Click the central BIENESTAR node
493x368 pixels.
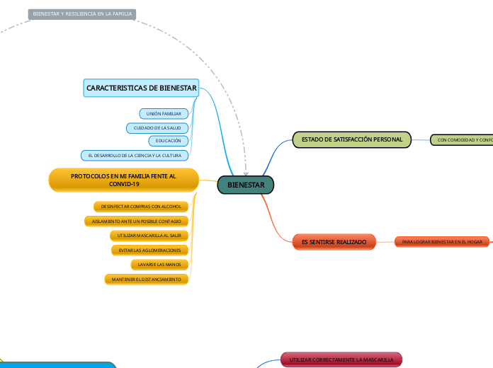pos(245,185)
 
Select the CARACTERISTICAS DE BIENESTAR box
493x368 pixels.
pos(142,88)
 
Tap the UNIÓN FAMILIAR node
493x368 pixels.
pos(164,114)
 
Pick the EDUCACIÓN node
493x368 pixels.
pos(168,141)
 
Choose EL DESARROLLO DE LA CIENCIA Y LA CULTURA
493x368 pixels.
pos(135,154)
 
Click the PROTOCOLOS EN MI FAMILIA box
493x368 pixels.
pos(123,180)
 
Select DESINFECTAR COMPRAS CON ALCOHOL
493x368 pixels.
pos(141,207)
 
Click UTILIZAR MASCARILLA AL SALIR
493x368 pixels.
pos(149,235)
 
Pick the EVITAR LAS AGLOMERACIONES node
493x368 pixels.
pos(149,250)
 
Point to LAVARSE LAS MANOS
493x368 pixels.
pos(159,265)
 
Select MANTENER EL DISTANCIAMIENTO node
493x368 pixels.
pos(147,280)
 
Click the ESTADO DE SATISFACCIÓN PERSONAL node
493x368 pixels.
pos(352,140)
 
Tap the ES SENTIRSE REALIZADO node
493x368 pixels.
pos(334,242)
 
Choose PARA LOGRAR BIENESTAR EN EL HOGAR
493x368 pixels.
pos(442,242)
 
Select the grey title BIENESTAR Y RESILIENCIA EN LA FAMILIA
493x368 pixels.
pos(82,13)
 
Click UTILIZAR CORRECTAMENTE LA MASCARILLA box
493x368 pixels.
pos(341,360)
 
